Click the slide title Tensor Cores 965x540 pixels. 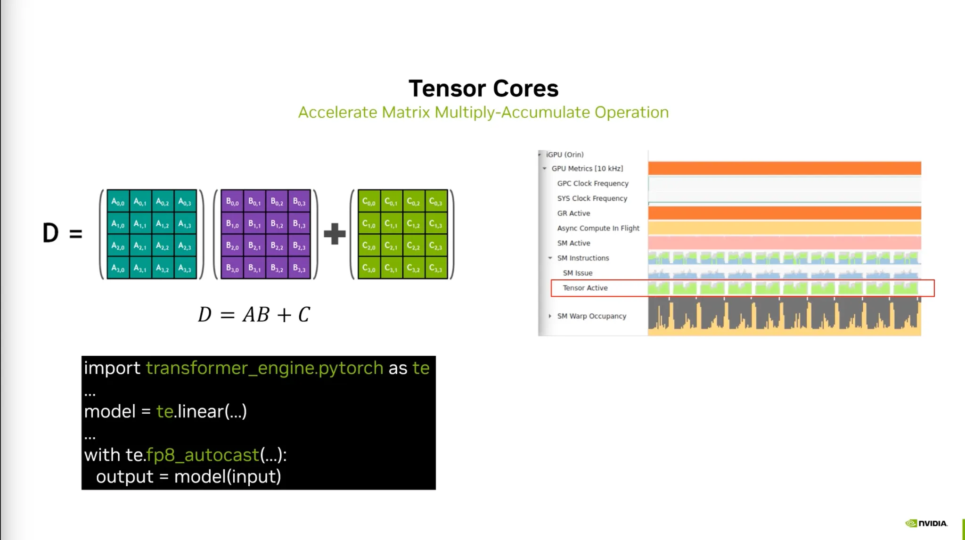[483, 89]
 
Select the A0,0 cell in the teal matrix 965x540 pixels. [118, 202]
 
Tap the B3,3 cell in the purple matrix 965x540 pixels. [299, 268]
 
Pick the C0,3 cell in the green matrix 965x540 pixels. [435, 202]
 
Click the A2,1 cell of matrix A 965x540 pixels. [140, 246]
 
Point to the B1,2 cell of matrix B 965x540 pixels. [277, 224]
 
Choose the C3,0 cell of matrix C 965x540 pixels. [368, 268]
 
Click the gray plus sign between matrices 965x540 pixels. [335, 234]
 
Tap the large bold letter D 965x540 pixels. [50, 233]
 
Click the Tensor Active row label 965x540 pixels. [585, 288]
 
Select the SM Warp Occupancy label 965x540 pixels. [591, 316]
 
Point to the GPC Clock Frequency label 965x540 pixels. [592, 183]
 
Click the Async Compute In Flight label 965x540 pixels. [598, 228]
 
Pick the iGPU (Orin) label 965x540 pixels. [564, 155]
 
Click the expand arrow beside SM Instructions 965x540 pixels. [550, 258]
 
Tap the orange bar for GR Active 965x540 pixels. [784, 213]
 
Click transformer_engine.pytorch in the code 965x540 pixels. [264, 368]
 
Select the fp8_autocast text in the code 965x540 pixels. [203, 455]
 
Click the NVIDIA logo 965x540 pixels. [926, 523]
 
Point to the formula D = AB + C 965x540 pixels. [254, 315]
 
